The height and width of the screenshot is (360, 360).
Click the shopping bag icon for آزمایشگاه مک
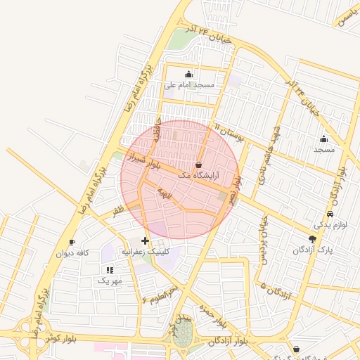point(199,164)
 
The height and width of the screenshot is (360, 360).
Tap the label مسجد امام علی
point(189,84)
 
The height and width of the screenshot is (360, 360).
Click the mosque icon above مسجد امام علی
point(188,75)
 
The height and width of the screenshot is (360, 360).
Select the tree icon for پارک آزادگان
point(312,239)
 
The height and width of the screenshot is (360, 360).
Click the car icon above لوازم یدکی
point(330,214)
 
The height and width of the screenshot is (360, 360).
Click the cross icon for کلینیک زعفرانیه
point(146,240)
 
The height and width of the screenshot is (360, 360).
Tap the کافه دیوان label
point(72,253)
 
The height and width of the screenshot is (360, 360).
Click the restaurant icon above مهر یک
point(109,270)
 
